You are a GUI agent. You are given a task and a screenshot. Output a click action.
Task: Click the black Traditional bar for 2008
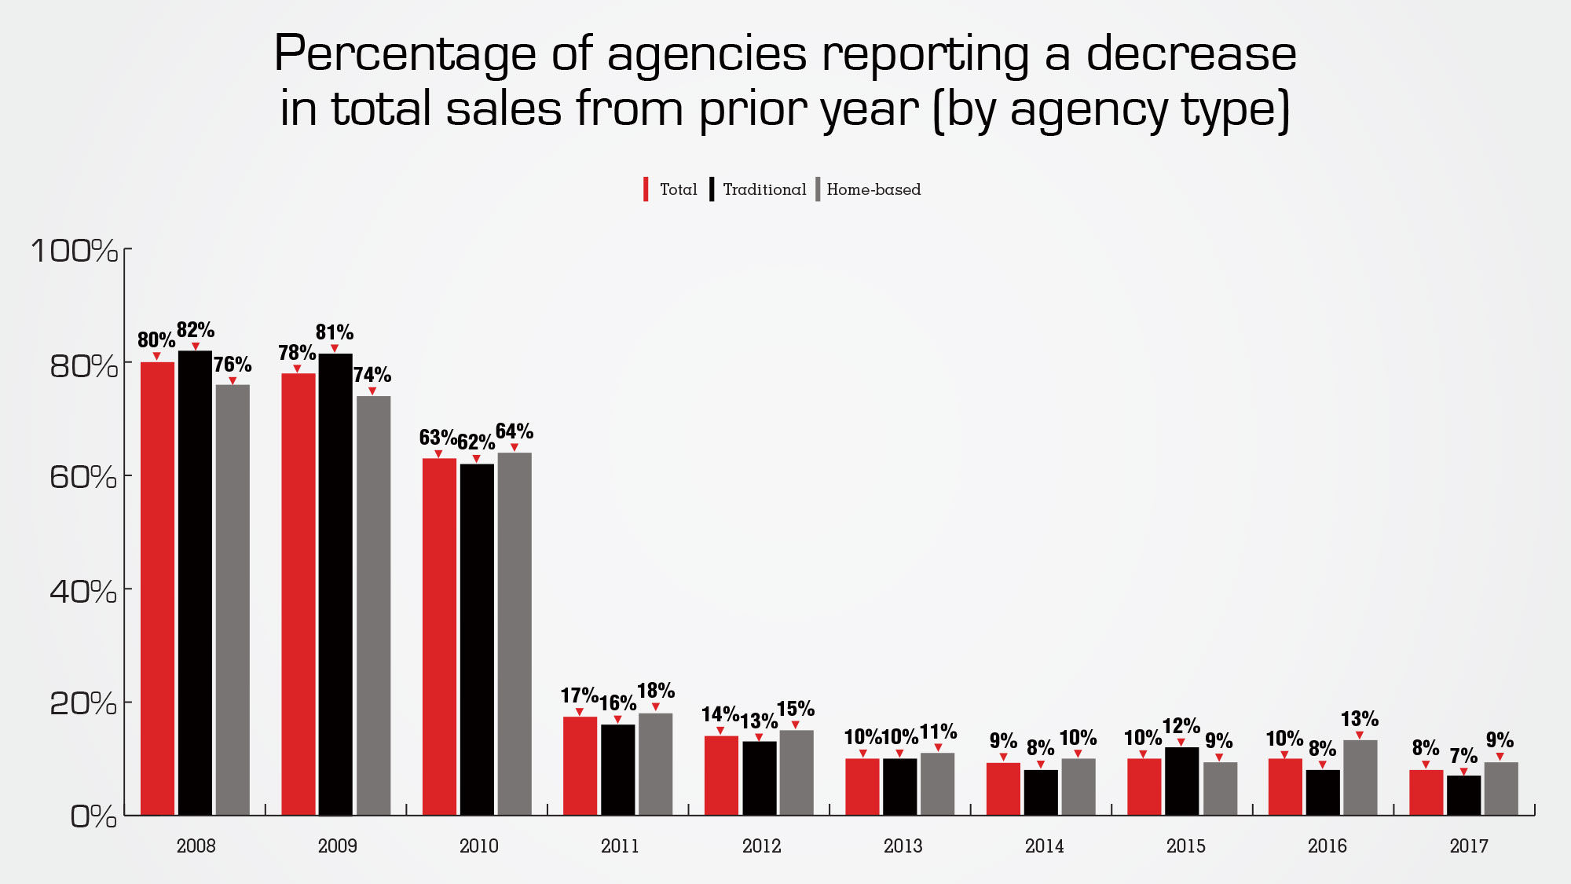click(x=195, y=581)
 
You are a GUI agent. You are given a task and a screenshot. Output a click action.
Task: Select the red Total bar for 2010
click(x=439, y=636)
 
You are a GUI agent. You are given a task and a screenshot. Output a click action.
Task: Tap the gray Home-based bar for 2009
click(x=373, y=605)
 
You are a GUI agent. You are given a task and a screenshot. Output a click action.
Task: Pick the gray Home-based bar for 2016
click(x=1360, y=777)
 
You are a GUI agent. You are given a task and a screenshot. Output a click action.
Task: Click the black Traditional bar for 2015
click(x=1181, y=781)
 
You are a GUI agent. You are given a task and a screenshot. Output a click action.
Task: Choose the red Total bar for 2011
click(x=580, y=765)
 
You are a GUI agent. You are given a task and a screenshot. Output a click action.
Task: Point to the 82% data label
click(x=196, y=330)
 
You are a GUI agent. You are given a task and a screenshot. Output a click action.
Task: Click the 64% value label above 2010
click(x=515, y=431)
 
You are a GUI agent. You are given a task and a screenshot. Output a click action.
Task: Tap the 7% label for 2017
click(x=1463, y=756)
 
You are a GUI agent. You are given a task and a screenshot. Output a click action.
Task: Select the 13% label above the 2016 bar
click(x=1360, y=719)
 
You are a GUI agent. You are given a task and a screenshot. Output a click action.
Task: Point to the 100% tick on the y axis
click(x=74, y=251)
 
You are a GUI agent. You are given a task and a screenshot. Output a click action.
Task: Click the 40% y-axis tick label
click(x=82, y=591)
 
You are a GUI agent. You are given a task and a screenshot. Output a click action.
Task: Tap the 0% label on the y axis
click(x=93, y=817)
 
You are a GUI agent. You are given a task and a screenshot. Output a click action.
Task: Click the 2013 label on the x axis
click(x=903, y=846)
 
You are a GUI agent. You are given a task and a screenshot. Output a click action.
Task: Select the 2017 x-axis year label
click(x=1468, y=846)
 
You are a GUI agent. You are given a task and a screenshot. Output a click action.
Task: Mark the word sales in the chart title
click(x=504, y=108)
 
